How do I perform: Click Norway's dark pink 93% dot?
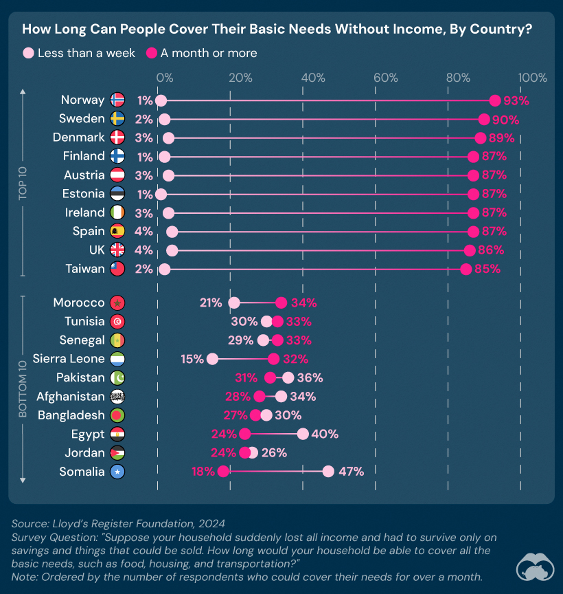pyautogui.click(x=495, y=100)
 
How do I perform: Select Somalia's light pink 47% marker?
pyautogui.click(x=328, y=471)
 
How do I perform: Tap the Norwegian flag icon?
pyautogui.click(x=117, y=100)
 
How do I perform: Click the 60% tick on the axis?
pyautogui.click(x=385, y=78)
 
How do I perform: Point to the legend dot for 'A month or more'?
pyautogui.click(x=152, y=53)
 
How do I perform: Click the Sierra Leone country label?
pyautogui.click(x=69, y=358)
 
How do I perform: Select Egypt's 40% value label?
pyautogui.click(x=325, y=434)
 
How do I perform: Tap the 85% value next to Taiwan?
pyautogui.click(x=487, y=269)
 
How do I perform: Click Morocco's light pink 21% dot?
pyautogui.click(x=234, y=302)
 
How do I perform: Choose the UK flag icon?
pyautogui.click(x=117, y=250)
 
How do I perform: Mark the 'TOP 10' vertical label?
pyautogui.click(x=23, y=184)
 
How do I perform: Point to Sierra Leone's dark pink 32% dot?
pyautogui.click(x=274, y=358)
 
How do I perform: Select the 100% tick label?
pyautogui.click(x=532, y=78)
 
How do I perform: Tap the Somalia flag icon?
pyautogui.click(x=117, y=472)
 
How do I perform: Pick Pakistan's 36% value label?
pyautogui.click(x=310, y=377)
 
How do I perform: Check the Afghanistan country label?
pyautogui.click(x=71, y=396)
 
